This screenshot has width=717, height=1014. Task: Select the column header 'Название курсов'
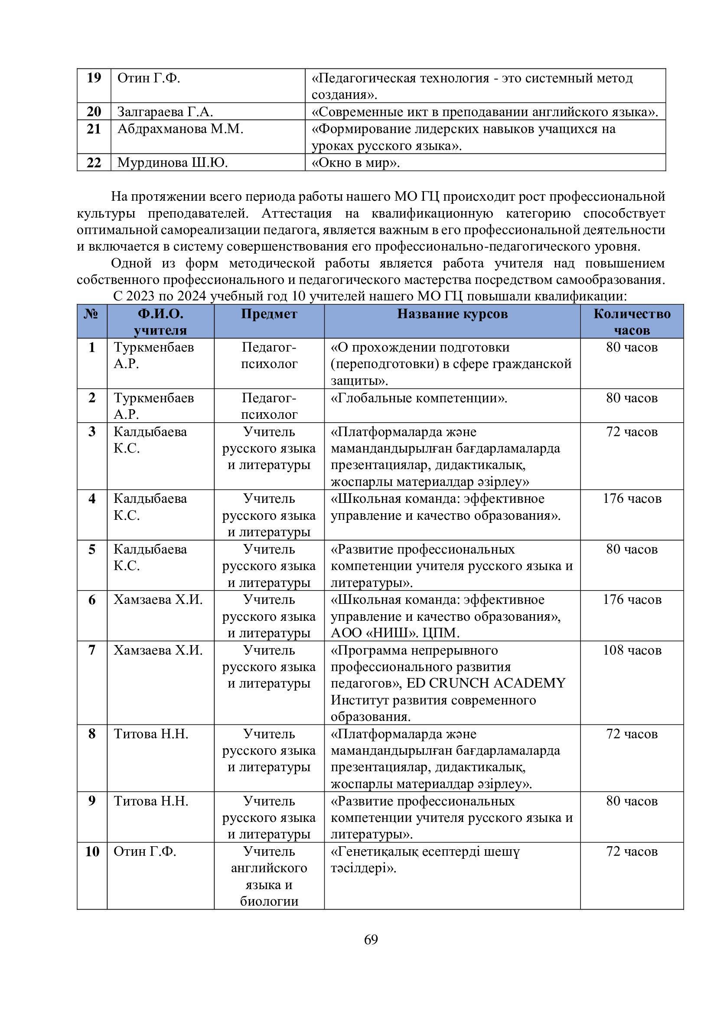point(452,314)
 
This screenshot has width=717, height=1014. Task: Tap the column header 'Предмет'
point(269,314)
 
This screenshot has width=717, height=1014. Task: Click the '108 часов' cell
point(632,651)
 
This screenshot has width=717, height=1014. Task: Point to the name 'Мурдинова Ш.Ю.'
point(173,163)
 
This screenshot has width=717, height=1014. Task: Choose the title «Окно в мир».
point(355,163)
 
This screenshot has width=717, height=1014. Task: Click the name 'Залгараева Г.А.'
point(165,112)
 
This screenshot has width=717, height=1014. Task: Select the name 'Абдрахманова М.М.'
point(180,129)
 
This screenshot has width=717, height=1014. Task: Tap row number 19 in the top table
point(94,78)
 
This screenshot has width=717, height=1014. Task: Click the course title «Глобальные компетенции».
point(419,398)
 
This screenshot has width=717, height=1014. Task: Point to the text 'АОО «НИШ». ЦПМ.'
point(395,633)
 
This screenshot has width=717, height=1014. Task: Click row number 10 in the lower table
point(92,851)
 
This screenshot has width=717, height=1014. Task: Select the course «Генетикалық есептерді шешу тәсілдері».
point(425,859)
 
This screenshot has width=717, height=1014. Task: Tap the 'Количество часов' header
point(632,322)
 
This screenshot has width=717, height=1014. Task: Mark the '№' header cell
point(91,314)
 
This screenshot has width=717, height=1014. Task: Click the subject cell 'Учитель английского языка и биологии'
point(269,876)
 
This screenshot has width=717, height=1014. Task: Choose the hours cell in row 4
point(632,499)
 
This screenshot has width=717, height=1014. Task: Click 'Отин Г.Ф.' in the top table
point(149,78)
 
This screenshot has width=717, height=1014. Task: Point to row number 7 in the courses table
point(92,651)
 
